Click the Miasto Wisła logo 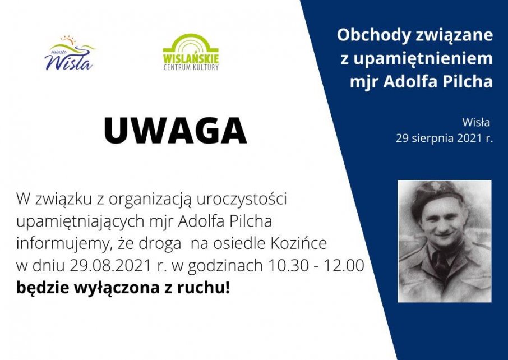69,54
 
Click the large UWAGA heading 175,131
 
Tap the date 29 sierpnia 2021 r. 444,139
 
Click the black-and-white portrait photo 444,241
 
